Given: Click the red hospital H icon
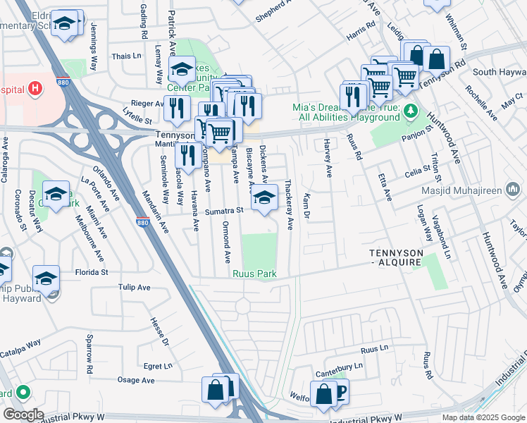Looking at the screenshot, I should [x=33, y=90].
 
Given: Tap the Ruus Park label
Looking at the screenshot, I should [x=254, y=274].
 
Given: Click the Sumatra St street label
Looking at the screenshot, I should [x=223, y=210].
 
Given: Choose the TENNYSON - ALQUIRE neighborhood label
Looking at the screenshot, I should [x=396, y=257].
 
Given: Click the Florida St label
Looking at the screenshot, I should [x=92, y=271].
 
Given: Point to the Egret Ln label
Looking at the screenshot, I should [x=157, y=366].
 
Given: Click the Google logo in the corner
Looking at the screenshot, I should [x=23, y=414].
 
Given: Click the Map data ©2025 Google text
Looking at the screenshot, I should [x=483, y=417].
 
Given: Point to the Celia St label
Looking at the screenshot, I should [x=417, y=169].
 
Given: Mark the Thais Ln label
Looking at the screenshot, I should [x=127, y=56].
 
